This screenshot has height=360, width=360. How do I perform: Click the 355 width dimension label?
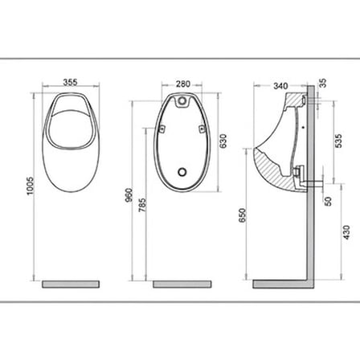click(70, 82)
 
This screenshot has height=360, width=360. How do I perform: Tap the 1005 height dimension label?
click(31, 186)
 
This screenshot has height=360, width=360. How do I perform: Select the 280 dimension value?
click(183, 84)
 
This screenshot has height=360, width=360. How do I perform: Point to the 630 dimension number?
click(223, 141)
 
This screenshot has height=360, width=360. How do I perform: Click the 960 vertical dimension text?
click(129, 195)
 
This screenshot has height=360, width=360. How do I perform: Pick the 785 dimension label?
click(142, 205)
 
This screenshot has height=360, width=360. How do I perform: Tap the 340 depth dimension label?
click(280, 86)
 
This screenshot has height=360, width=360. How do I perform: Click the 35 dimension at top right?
click(323, 83)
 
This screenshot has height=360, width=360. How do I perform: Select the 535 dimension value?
click(338, 141)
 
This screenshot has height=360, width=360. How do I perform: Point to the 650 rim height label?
click(242, 215)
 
